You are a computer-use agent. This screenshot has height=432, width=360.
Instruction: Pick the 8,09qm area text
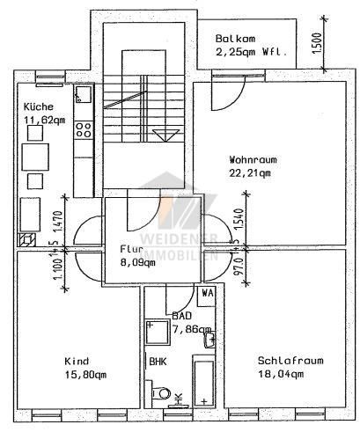coord(137,261)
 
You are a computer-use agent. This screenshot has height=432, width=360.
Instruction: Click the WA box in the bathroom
coord(208,293)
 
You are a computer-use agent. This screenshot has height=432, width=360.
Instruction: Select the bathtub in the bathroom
coord(205,383)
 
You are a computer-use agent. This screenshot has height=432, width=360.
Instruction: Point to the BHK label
coord(157,361)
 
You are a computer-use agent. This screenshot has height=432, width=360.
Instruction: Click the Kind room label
coord(77,361)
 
